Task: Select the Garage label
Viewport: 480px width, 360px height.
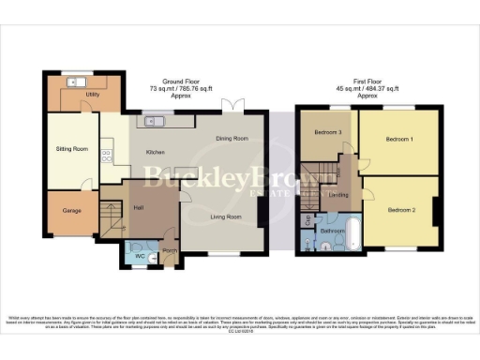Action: [x=70, y=211]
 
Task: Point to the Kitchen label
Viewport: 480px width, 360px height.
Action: [x=156, y=152]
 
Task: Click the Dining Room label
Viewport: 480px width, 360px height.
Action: [x=232, y=139]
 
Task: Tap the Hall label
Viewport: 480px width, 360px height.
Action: [x=138, y=208]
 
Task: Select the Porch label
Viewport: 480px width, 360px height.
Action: [x=170, y=252]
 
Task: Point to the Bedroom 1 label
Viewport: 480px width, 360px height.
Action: [x=399, y=139]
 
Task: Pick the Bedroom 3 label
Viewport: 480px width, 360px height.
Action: [x=327, y=132]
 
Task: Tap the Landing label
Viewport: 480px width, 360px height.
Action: [x=339, y=196]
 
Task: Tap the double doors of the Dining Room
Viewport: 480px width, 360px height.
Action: [x=232, y=105]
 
